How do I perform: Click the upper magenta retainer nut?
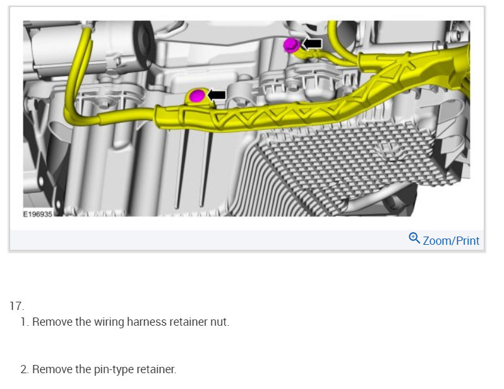pyautogui.click(x=292, y=45)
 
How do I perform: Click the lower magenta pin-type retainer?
pyautogui.click(x=197, y=96)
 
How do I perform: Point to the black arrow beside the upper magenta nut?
pyautogui.click(x=312, y=44)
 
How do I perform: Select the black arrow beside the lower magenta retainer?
pyautogui.click(x=217, y=96)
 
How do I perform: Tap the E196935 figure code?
pyautogui.click(x=38, y=214)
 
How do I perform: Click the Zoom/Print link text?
pyautogui.click(x=451, y=241)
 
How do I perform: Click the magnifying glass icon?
pyautogui.click(x=414, y=238)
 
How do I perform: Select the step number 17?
pyautogui.click(x=16, y=306)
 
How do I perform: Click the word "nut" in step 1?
pyautogui.click(x=220, y=322)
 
